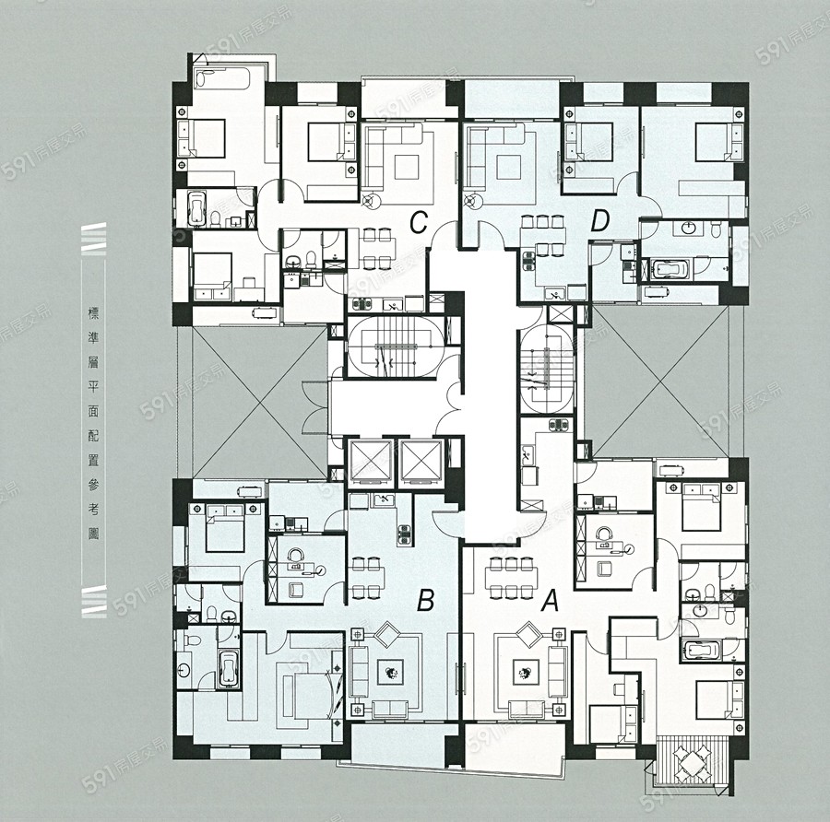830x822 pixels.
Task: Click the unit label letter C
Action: click(x=419, y=223)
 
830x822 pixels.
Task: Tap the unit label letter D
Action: click(x=599, y=221)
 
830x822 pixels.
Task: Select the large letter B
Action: click(x=425, y=601)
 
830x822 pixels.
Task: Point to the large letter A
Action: click(x=551, y=601)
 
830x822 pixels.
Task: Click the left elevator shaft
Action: click(x=371, y=462)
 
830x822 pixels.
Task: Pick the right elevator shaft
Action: click(x=421, y=462)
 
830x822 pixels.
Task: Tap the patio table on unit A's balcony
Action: click(x=691, y=762)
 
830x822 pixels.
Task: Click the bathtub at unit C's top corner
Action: click(x=221, y=78)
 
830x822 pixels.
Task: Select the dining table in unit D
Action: click(x=543, y=234)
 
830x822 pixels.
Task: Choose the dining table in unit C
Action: click(x=376, y=248)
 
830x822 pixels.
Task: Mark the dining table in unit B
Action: click(x=367, y=578)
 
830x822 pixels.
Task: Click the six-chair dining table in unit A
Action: click(x=511, y=578)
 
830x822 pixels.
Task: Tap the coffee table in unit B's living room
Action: click(x=390, y=673)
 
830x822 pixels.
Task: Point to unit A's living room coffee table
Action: click(x=526, y=673)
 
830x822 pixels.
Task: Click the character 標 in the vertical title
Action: click(x=93, y=313)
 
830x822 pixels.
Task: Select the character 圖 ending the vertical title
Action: click(x=93, y=534)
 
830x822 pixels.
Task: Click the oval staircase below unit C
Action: click(x=396, y=347)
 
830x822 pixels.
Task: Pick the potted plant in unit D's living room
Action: click(x=470, y=201)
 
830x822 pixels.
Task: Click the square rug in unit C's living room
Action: click(x=406, y=168)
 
